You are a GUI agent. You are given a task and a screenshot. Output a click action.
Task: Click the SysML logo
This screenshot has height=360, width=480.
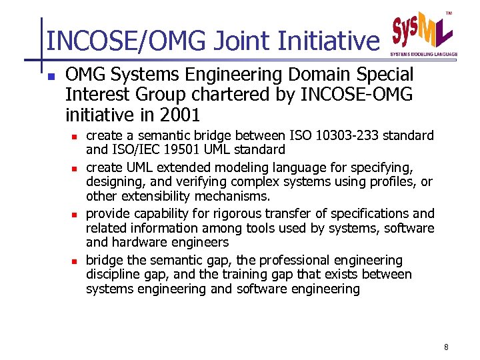click(x=422, y=30)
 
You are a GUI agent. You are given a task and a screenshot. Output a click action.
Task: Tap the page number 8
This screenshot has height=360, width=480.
click(x=445, y=347)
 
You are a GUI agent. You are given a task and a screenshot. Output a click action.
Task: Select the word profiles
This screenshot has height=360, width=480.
click(x=391, y=182)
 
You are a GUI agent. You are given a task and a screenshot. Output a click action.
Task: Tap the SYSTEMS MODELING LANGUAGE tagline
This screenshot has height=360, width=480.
click(x=423, y=53)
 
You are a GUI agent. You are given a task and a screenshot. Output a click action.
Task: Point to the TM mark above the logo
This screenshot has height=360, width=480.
click(x=449, y=13)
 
